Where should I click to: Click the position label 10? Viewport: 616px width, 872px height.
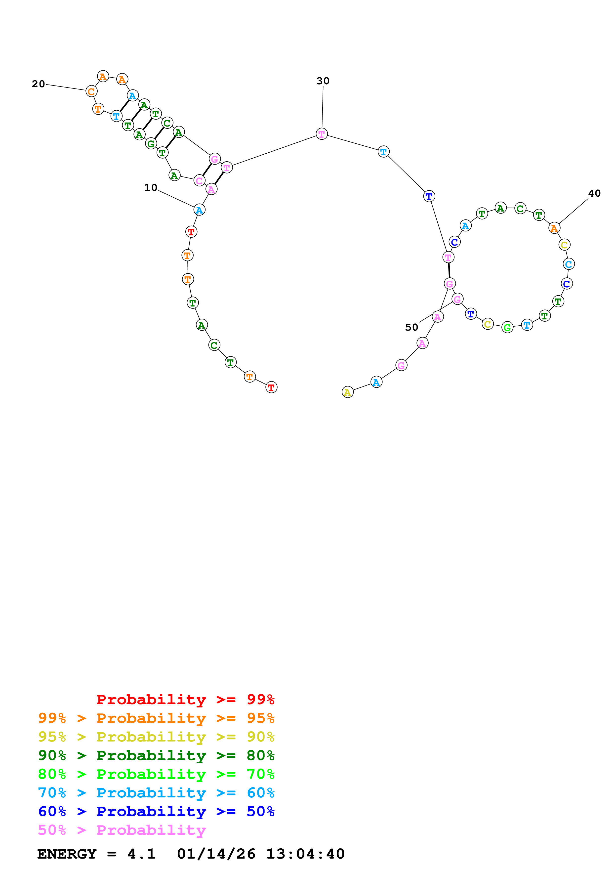(x=150, y=188)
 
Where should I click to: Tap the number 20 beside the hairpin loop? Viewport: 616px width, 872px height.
(x=38, y=84)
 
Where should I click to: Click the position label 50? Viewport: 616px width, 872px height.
(x=411, y=327)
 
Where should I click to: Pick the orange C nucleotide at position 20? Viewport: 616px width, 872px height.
(x=91, y=91)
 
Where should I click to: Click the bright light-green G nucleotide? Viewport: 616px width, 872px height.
(x=507, y=327)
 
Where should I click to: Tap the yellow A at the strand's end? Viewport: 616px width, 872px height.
(x=347, y=392)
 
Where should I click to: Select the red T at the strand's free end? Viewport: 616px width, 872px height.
(x=271, y=387)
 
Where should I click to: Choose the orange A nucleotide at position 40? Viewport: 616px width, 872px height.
(x=554, y=228)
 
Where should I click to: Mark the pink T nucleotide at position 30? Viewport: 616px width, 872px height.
(x=322, y=134)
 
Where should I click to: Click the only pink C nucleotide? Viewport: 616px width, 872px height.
(x=199, y=180)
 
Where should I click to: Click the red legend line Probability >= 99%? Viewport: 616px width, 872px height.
(x=185, y=699)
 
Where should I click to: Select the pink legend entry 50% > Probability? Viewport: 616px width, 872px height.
(x=122, y=830)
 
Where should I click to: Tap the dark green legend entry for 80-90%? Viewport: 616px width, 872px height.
(x=156, y=755)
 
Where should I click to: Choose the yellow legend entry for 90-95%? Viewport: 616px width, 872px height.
(x=156, y=737)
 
